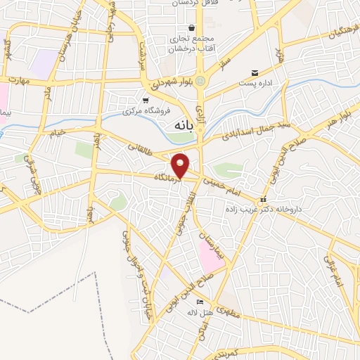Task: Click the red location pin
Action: [181, 165]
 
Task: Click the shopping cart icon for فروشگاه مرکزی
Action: [145, 100]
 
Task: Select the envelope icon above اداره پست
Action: [255, 73]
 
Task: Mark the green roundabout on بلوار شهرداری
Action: [200, 81]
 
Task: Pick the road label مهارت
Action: [18, 80]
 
